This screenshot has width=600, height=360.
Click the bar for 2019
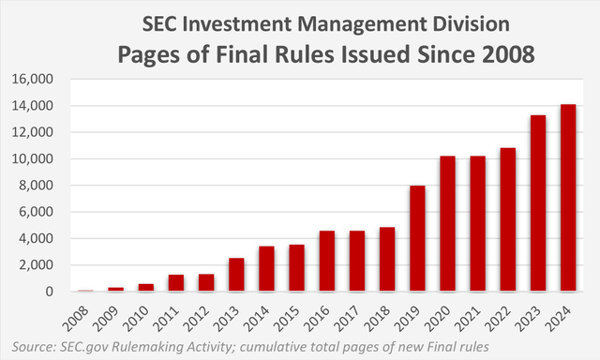417,238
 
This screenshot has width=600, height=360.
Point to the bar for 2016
326,261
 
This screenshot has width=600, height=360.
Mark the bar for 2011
176,283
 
